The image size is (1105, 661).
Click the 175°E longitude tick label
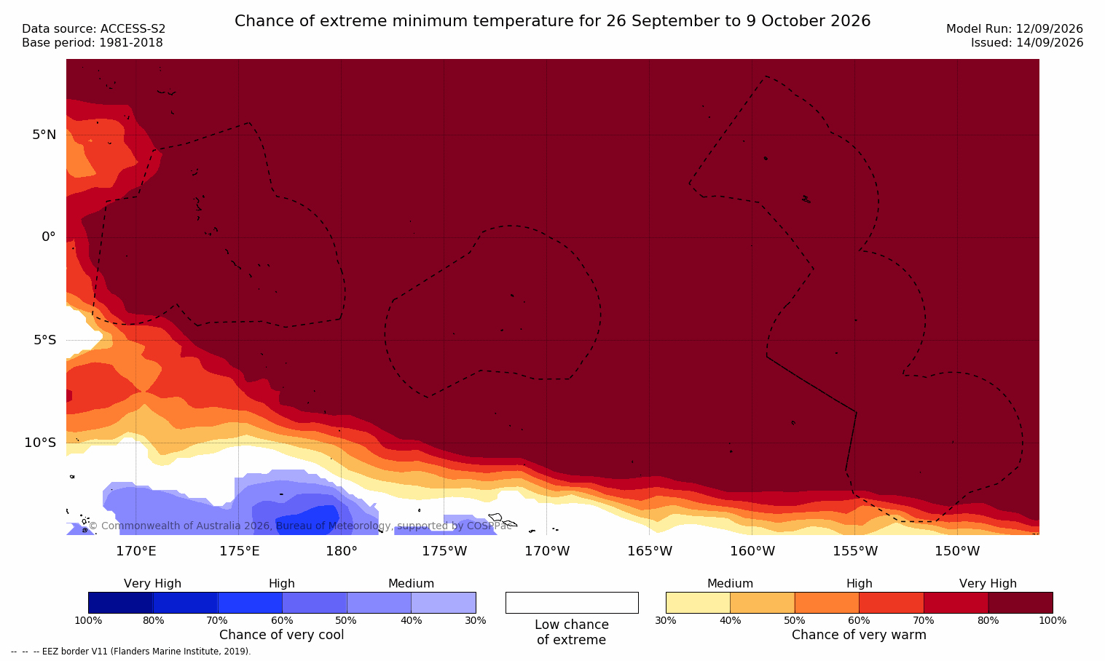pyautogui.click(x=239, y=550)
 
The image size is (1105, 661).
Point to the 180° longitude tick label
pyautogui.click(x=342, y=550)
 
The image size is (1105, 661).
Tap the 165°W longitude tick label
pyautogui.click(x=650, y=550)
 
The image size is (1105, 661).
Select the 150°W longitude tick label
pyautogui.click(x=958, y=550)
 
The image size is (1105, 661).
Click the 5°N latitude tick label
pyautogui.click(x=44, y=135)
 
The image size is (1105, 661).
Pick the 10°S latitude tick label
pyautogui.click(x=41, y=443)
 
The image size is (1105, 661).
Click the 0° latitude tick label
pyautogui.click(x=48, y=237)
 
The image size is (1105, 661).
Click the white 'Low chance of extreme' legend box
pyautogui.click(x=572, y=602)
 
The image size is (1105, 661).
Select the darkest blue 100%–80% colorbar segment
pyautogui.click(x=120, y=602)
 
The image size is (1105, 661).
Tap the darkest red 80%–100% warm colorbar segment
pyautogui.click(x=1021, y=602)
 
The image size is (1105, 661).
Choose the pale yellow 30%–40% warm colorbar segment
pyautogui.click(x=698, y=602)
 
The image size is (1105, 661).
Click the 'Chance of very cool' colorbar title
pyautogui.click(x=282, y=635)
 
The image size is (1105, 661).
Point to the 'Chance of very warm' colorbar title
pyautogui.click(x=859, y=635)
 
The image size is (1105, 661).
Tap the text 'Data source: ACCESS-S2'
pyautogui.click(x=94, y=29)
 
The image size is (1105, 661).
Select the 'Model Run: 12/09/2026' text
pyautogui.click(x=1014, y=29)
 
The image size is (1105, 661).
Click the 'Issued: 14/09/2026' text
pyautogui.click(x=1026, y=43)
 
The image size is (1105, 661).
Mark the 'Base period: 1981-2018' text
pyautogui.click(x=93, y=43)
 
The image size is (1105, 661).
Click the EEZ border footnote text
pyautogui.click(x=130, y=651)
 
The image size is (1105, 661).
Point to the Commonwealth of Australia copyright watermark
pyautogui.click(x=300, y=526)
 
